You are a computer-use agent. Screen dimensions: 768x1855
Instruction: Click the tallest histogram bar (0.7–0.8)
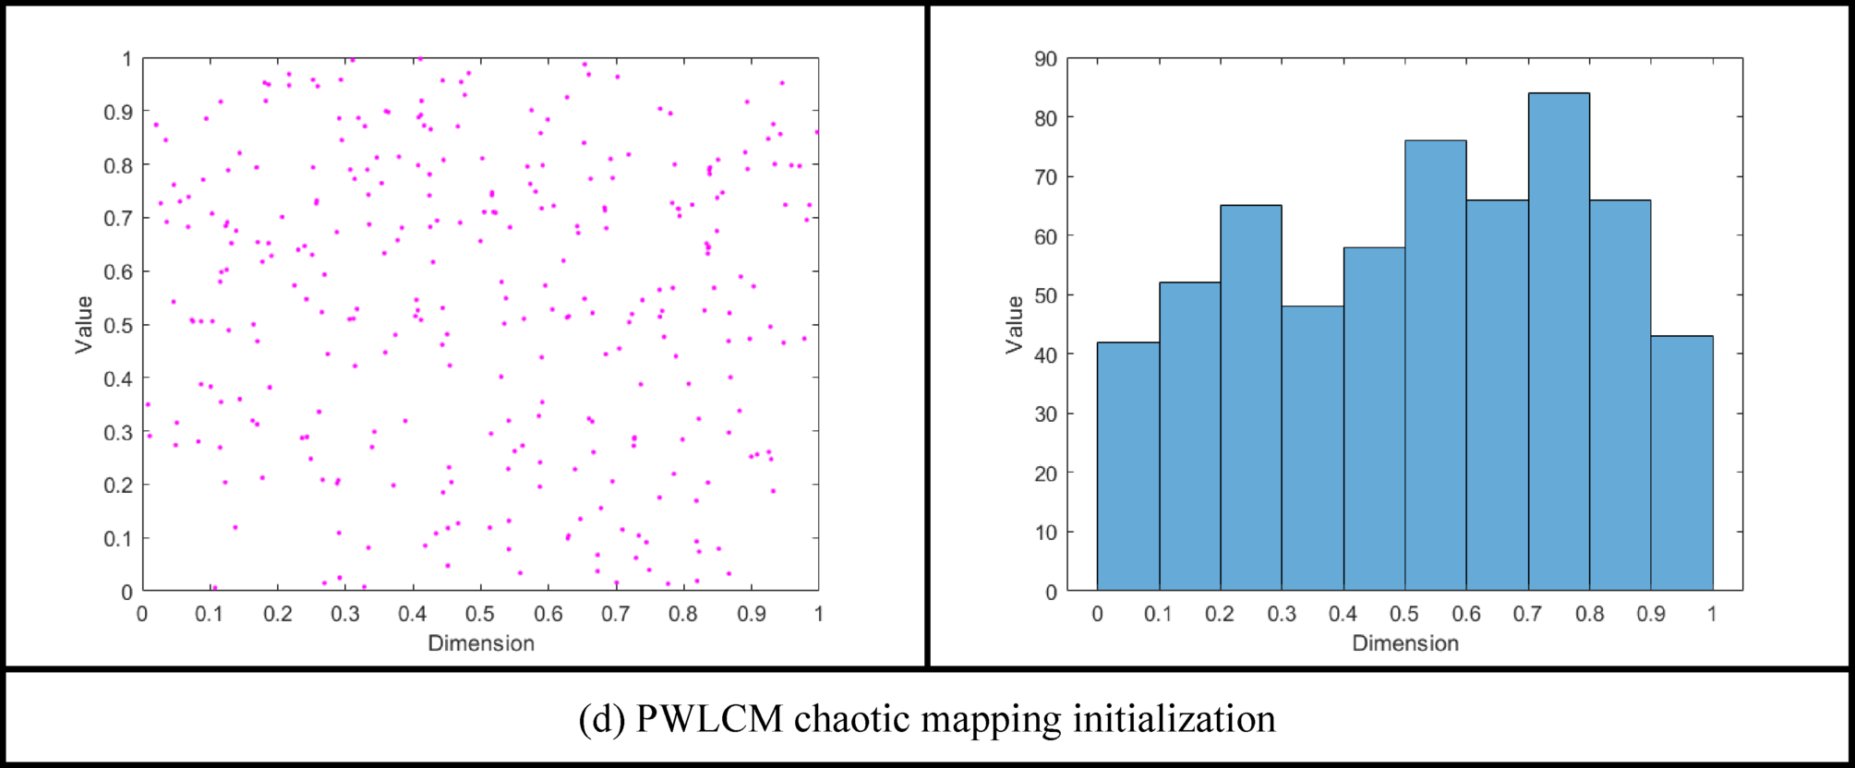click(1559, 342)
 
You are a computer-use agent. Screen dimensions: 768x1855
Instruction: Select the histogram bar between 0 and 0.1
click(1127, 466)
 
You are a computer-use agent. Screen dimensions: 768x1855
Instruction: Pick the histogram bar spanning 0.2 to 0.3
click(1251, 397)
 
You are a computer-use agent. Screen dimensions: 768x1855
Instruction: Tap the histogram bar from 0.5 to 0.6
click(1436, 365)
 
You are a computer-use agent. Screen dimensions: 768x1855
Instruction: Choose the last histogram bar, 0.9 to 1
click(1681, 462)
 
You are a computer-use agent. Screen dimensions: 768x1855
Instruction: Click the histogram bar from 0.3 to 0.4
click(1312, 448)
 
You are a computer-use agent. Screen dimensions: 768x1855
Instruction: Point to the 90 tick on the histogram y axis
click(1045, 59)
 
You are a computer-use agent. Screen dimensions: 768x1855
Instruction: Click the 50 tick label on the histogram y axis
click(1045, 295)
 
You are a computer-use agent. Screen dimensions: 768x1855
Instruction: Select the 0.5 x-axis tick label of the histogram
click(1404, 614)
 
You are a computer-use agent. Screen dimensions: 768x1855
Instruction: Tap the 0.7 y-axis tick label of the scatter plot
click(118, 219)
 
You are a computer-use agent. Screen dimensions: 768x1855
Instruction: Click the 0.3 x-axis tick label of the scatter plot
click(344, 614)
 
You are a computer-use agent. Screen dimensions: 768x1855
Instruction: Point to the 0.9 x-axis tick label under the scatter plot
click(751, 614)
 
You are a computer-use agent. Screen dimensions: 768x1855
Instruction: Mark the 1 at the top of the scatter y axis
click(127, 59)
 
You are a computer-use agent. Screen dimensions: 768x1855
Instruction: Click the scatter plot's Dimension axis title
click(481, 643)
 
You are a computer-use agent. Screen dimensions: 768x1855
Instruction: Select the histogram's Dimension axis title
click(1405, 643)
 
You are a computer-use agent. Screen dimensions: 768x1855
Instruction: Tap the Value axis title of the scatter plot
click(84, 324)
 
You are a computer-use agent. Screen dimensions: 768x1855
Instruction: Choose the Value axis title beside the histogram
click(1014, 324)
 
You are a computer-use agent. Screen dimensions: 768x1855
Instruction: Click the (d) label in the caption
click(601, 719)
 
